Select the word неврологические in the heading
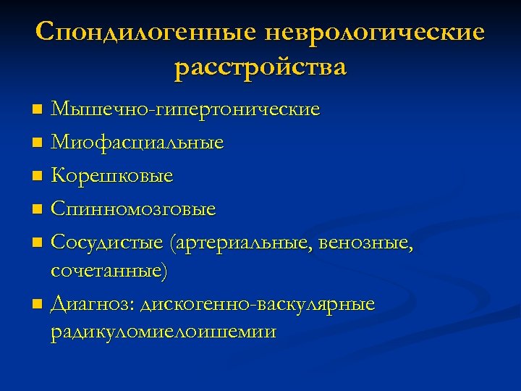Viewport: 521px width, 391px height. click(376, 33)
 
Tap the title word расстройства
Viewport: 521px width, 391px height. click(260, 68)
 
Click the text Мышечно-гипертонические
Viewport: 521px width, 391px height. click(185, 110)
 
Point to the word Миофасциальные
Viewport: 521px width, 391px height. click(137, 143)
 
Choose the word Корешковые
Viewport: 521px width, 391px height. click(112, 176)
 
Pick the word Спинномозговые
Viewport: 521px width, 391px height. click(133, 209)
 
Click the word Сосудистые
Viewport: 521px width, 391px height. click(107, 243)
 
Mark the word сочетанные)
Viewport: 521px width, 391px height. click(109, 272)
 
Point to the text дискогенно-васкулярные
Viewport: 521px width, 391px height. click(255, 304)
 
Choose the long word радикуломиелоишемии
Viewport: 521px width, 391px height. click(164, 332)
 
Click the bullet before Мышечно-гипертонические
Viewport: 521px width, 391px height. click(38, 111)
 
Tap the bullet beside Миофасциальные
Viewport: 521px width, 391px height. click(38, 143)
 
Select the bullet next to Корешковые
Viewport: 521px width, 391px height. click(38, 177)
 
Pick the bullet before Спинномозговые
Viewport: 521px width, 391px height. click(38, 210)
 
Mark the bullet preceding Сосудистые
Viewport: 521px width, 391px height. click(38, 244)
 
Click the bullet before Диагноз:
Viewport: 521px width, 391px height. click(38, 305)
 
